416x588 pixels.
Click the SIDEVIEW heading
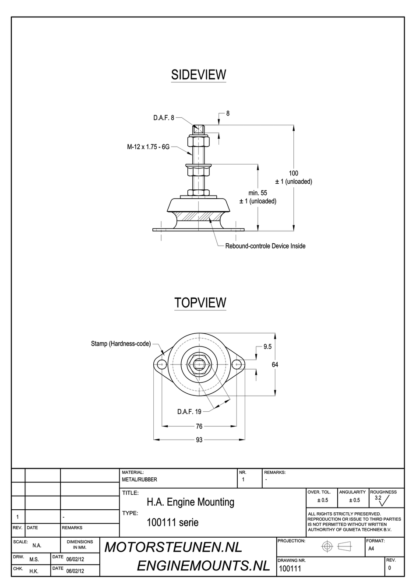click(x=198, y=75)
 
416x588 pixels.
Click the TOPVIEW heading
click(x=200, y=303)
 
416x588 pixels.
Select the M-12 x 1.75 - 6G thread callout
click(x=148, y=147)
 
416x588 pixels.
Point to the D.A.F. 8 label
click(x=163, y=118)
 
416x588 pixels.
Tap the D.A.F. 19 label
click(x=189, y=412)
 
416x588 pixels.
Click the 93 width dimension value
click(x=199, y=440)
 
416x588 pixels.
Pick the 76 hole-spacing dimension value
click(x=199, y=427)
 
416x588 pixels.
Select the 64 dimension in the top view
click(x=275, y=364)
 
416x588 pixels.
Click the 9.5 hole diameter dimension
click(x=268, y=346)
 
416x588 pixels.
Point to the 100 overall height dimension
click(x=293, y=174)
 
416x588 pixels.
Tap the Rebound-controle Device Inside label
click(x=265, y=246)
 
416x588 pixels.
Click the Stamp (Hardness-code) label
click(x=120, y=344)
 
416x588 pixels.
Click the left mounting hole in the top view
click(x=161, y=364)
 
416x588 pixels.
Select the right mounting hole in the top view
click(x=237, y=364)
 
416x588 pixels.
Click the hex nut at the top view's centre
click(x=199, y=364)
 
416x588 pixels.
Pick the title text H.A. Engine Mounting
click(x=190, y=502)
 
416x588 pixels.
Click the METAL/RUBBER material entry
click(x=139, y=479)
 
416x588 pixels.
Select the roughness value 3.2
click(x=378, y=498)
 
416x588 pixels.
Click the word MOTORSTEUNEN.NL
click(x=173, y=547)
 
